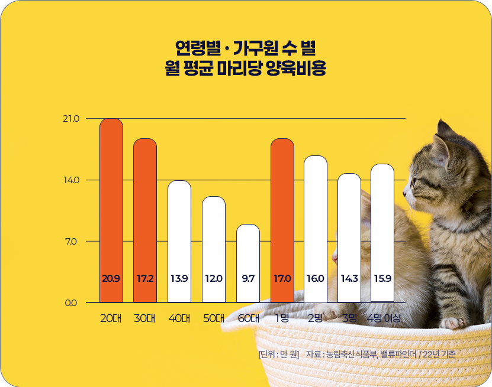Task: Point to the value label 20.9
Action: click(111, 278)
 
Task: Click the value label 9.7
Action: click(248, 278)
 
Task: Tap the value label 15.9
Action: click(383, 278)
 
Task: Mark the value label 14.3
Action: click(349, 278)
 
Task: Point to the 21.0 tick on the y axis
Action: click(70, 119)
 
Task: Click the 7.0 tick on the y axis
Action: click(72, 242)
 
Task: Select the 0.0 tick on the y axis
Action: click(71, 303)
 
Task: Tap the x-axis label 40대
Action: click(179, 318)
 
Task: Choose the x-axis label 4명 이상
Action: click(384, 318)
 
